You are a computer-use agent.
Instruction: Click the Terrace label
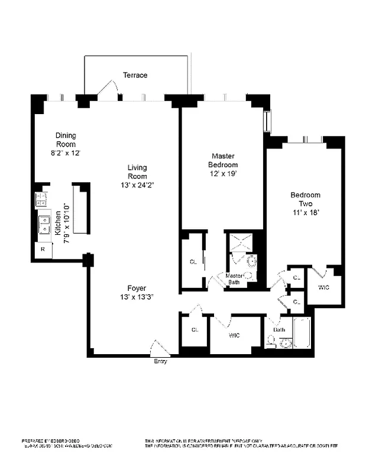click(135, 75)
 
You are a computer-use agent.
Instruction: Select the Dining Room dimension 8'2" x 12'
click(66, 153)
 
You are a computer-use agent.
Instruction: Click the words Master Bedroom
click(223, 160)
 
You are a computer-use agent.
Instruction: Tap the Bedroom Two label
click(305, 199)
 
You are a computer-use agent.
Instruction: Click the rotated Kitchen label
click(58, 223)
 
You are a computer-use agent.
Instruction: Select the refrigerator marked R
click(43, 250)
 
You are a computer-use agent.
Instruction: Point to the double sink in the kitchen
click(44, 225)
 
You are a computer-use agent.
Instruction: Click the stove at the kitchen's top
click(42, 200)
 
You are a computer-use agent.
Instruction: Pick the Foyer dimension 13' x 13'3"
click(137, 297)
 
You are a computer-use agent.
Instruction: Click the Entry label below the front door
click(160, 361)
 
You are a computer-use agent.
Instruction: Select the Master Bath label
click(235, 278)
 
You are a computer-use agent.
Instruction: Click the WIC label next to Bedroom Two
click(323, 288)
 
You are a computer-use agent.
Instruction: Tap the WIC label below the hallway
click(234, 335)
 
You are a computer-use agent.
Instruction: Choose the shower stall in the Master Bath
click(241, 242)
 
